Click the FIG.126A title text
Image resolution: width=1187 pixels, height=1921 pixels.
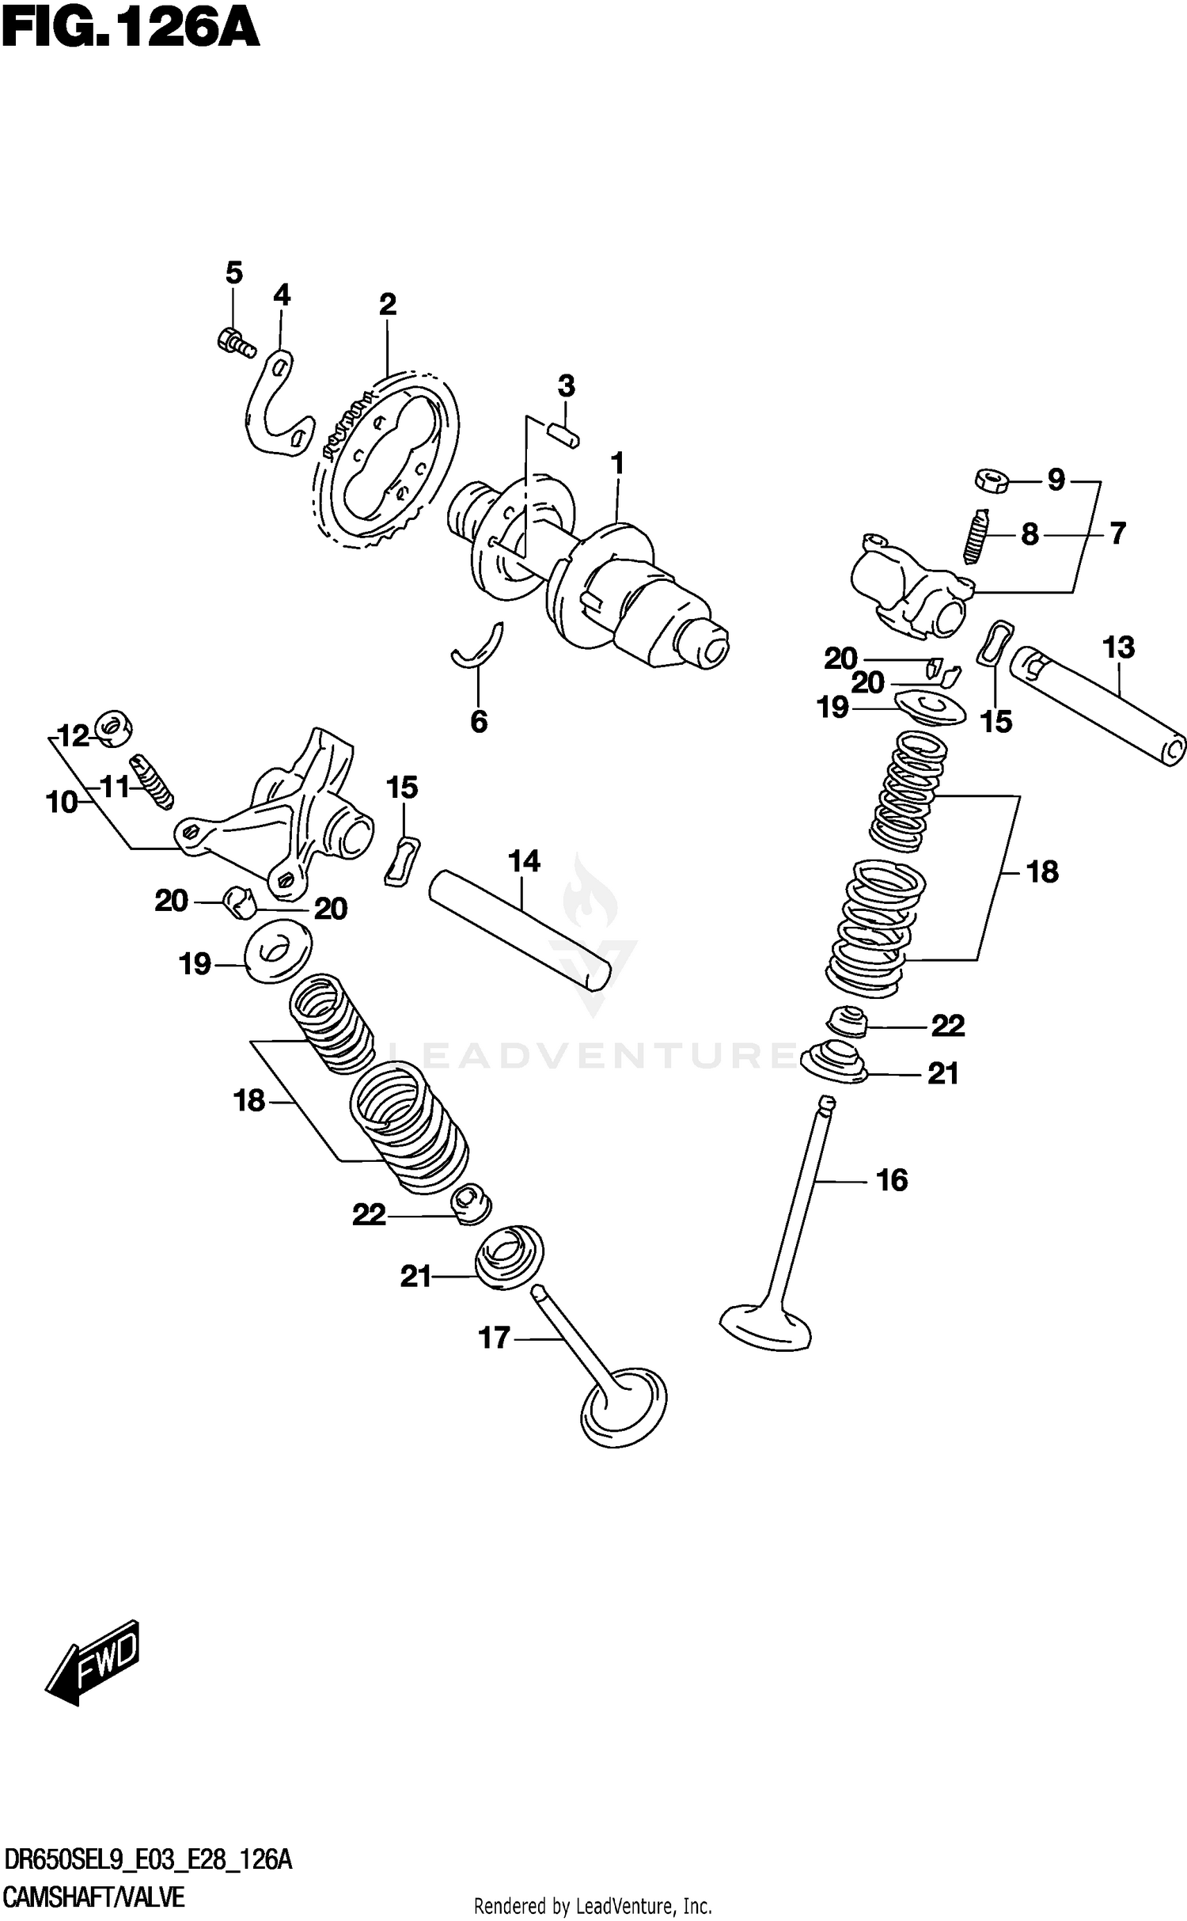click(x=131, y=30)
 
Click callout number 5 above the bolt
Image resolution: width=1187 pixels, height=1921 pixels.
click(x=233, y=273)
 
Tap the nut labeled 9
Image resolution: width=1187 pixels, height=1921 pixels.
click(x=990, y=480)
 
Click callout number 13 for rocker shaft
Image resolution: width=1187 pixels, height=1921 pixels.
click(x=1118, y=647)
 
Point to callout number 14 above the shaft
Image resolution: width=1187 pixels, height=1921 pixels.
click(x=524, y=861)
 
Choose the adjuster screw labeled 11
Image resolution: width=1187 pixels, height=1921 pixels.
click(x=153, y=783)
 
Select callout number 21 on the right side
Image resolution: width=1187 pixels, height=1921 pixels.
click(x=942, y=1074)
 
